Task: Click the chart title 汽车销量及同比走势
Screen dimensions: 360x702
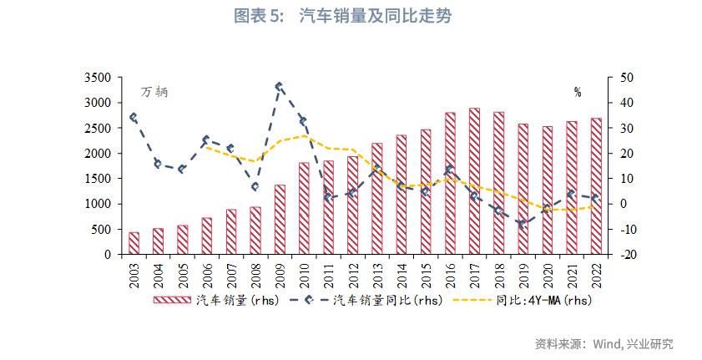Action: [375, 17]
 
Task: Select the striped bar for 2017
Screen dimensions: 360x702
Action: [474, 180]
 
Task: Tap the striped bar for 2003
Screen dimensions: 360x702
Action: [134, 243]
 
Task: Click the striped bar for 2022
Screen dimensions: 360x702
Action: [596, 185]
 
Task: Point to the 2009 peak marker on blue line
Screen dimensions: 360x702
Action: [279, 86]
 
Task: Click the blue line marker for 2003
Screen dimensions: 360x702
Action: [134, 118]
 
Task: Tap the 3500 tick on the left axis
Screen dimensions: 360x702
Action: [98, 78]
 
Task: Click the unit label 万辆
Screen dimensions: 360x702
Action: [154, 92]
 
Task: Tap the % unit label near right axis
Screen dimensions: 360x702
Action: [578, 92]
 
